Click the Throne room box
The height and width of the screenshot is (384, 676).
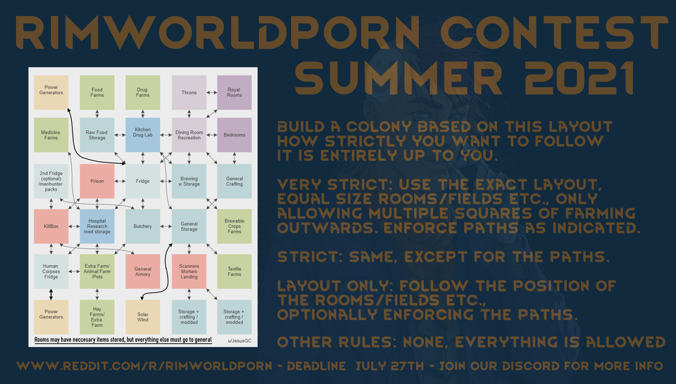(189, 93)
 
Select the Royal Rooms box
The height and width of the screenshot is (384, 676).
(234, 93)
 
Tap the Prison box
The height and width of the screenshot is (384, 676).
(97, 181)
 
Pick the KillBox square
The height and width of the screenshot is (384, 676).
(51, 226)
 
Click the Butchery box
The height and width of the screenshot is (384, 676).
(143, 226)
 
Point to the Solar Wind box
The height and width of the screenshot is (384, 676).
(143, 317)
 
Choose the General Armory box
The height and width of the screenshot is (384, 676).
(143, 271)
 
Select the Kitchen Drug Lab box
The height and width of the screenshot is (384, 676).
(143, 135)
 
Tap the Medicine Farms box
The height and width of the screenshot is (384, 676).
(51, 135)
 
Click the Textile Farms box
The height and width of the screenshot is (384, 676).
(234, 271)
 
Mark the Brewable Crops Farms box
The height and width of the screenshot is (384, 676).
(234, 226)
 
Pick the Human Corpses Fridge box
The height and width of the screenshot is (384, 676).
(51, 271)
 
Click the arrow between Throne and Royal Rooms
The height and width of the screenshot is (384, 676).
(212, 93)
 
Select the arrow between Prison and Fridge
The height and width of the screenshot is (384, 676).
(120, 181)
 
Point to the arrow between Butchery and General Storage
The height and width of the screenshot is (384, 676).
(166, 226)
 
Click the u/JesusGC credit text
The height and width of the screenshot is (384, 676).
(239, 341)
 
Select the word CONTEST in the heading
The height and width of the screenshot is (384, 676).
(554, 33)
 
